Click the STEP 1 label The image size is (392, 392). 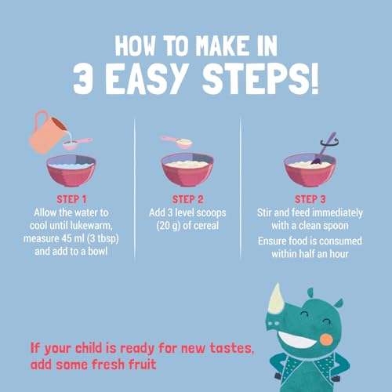pyautogui.click(x=71, y=199)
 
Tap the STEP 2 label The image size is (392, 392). pyautogui.click(x=187, y=199)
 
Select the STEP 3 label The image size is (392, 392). pyautogui.click(x=310, y=199)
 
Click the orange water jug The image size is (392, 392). pyautogui.click(x=47, y=132)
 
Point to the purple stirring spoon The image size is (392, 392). pyautogui.click(x=324, y=149)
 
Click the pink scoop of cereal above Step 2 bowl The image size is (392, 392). pyautogui.click(x=178, y=141)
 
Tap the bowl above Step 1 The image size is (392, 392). pyautogui.click(x=71, y=170)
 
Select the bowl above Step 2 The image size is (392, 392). pyautogui.click(x=187, y=170)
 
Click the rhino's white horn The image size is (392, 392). pyautogui.click(x=276, y=299)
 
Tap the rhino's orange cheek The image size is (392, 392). pyautogui.click(x=326, y=339)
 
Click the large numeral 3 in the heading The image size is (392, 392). pyautogui.click(x=83, y=79)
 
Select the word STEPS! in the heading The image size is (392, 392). pyautogui.click(x=260, y=78)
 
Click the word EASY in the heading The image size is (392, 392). pyautogui.click(x=147, y=79)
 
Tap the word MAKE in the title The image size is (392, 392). pyautogui.click(x=223, y=45)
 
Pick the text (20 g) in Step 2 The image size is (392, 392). pyautogui.click(x=169, y=226)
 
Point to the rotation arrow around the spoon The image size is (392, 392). pyautogui.click(x=330, y=143)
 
